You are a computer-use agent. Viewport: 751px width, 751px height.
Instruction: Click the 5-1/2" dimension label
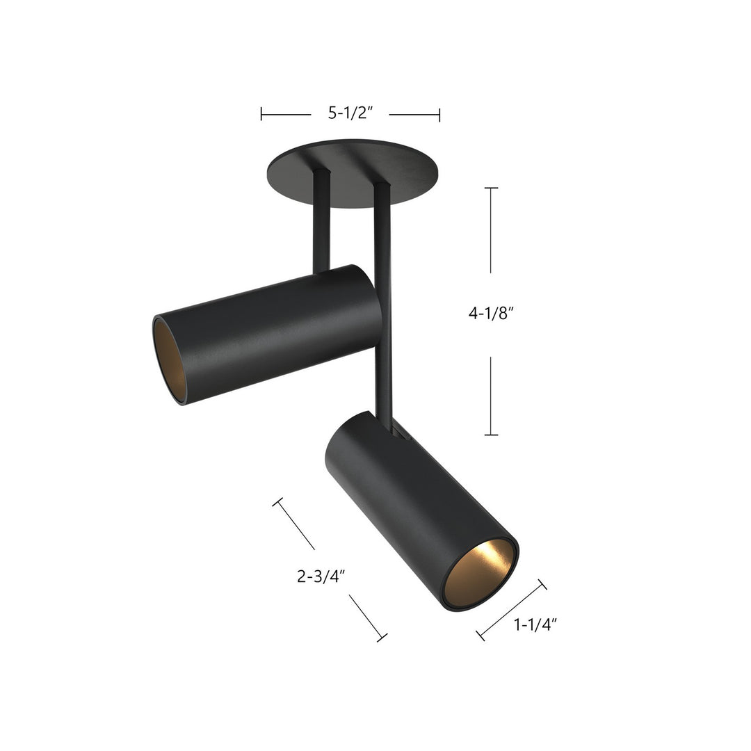[351, 114]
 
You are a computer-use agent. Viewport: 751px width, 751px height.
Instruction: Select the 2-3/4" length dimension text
[321, 576]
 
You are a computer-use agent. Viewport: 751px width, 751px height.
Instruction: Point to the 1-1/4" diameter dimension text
[535, 625]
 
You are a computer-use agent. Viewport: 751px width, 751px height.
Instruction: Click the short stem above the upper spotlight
[321, 223]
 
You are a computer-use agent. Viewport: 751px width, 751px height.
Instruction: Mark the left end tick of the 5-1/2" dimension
[261, 114]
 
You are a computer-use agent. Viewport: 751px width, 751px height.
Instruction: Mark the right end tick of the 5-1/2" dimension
[439, 114]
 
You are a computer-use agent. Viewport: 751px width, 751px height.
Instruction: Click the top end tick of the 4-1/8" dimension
[491, 188]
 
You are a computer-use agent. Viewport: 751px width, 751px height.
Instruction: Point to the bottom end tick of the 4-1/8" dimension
[491, 435]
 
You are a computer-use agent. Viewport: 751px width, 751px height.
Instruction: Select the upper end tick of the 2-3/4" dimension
[278, 501]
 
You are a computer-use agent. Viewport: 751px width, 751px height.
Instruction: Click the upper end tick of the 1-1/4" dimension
[542, 584]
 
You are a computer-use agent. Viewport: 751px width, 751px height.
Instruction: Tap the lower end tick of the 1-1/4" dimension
[480, 635]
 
